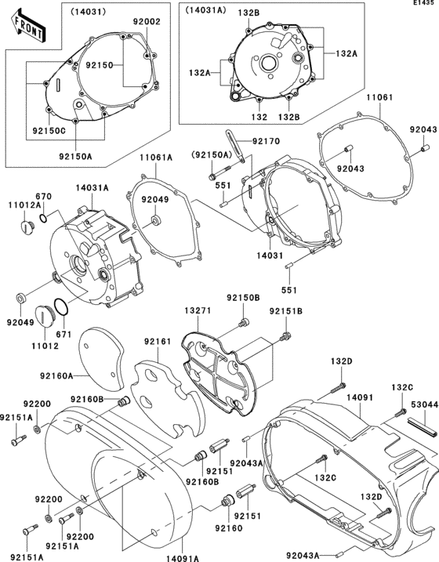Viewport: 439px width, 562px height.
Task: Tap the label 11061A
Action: [156, 157]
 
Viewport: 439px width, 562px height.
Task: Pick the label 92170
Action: [265, 141]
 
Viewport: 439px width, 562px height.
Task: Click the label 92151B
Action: [286, 311]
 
